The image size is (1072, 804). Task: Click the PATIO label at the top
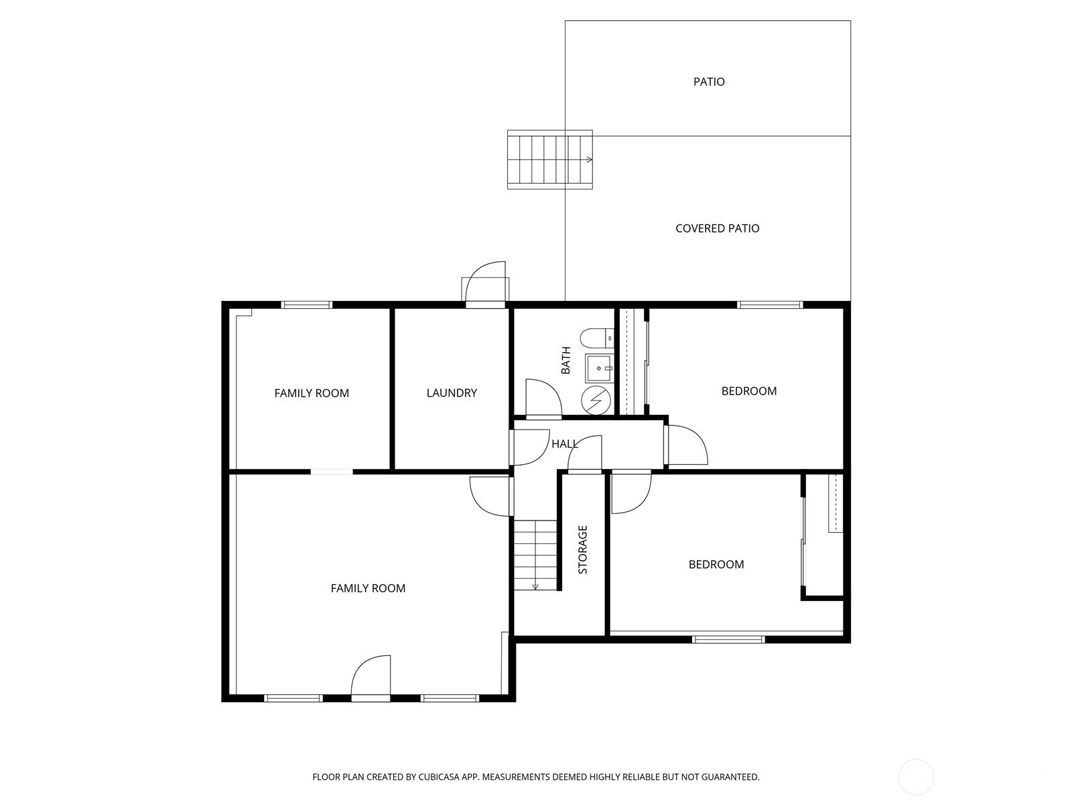709,82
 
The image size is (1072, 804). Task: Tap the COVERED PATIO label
717,228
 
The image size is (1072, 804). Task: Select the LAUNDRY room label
452,393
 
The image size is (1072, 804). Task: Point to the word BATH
566,360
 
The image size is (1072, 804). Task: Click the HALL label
565,444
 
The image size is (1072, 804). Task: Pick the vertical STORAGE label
583,549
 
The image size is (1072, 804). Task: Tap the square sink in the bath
599,368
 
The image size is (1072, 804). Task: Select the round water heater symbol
596,400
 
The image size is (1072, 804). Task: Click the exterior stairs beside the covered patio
550,159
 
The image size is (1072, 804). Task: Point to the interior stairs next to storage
535,555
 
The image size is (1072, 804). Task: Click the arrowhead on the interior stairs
535,587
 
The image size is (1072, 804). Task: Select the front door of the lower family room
371,677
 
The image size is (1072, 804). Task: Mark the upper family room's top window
307,305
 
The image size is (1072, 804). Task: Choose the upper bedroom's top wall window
770,305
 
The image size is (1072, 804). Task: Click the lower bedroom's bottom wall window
729,639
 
